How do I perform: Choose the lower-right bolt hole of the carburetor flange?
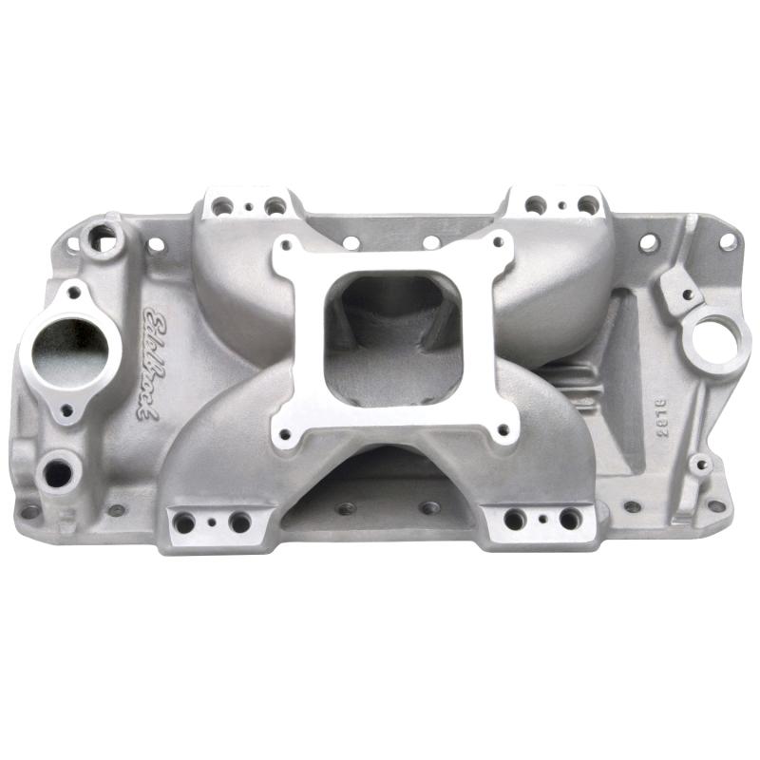tap(501, 433)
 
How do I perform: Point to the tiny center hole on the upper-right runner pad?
tap(562, 204)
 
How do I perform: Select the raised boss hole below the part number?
tap(700, 465)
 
